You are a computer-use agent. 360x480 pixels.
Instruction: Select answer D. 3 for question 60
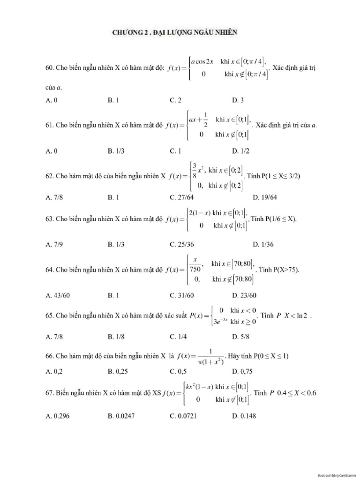[x=238, y=100]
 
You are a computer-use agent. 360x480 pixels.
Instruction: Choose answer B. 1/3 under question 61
[x=118, y=150]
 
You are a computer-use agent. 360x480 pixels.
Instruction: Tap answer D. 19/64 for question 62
[x=265, y=197]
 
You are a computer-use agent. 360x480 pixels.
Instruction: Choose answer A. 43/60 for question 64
[x=57, y=295]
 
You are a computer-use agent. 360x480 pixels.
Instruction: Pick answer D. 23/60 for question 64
[x=244, y=295]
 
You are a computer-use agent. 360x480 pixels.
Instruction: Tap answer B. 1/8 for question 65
[x=118, y=336]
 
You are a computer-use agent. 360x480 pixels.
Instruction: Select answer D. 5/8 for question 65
[x=240, y=336]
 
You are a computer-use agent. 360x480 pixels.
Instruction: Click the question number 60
[x=49, y=68]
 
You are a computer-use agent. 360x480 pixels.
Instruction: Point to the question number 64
[x=49, y=270]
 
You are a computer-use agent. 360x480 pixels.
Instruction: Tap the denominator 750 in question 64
[x=195, y=270]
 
